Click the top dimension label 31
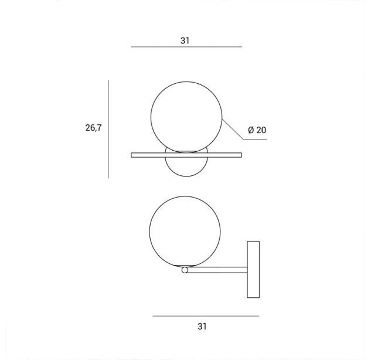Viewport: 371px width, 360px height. click(x=185, y=40)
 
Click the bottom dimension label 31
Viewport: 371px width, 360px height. click(x=202, y=327)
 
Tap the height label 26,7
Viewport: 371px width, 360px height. click(x=93, y=128)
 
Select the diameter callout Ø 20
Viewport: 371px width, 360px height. click(x=257, y=130)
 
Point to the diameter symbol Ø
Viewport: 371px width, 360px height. click(x=251, y=130)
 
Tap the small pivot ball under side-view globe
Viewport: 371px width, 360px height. click(x=185, y=270)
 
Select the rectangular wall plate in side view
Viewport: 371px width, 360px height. click(x=253, y=269)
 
